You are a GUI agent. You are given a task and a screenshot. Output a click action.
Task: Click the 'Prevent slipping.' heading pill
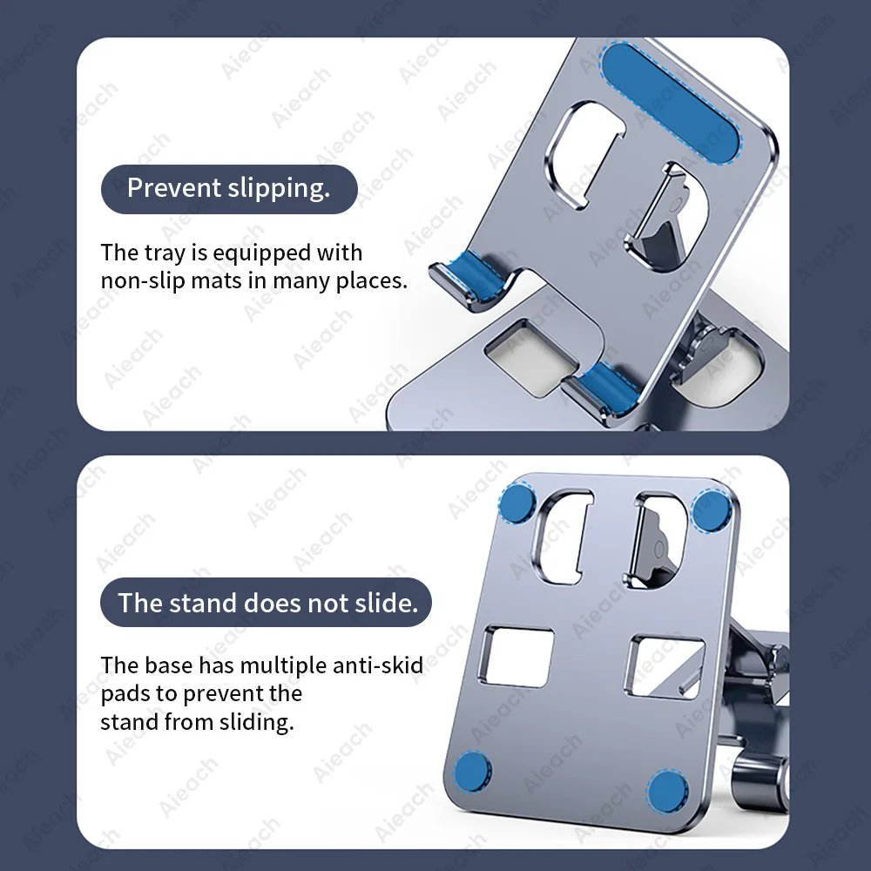(229, 189)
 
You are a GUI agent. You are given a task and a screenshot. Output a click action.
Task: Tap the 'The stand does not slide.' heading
(266, 603)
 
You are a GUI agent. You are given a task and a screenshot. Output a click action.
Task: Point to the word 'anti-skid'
(378, 665)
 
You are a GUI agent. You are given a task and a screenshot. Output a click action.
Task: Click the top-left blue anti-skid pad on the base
(517, 503)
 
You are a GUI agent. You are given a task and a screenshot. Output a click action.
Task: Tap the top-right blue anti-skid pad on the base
(710, 510)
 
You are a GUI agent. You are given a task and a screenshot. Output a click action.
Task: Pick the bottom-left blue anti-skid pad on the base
(472, 772)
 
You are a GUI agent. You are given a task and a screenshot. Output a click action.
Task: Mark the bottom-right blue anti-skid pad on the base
(667, 791)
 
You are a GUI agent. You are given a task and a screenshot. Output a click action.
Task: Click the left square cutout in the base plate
(517, 657)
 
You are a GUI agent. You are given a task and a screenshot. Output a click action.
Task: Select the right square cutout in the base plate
(665, 667)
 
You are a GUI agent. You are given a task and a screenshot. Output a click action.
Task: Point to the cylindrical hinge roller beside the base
(760, 783)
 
